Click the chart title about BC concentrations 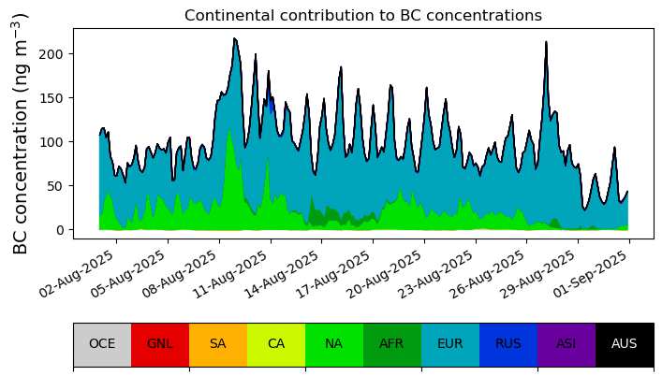[x=363, y=16]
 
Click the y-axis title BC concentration [x=20, y=134]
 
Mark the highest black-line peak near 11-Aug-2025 [x=235, y=38]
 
